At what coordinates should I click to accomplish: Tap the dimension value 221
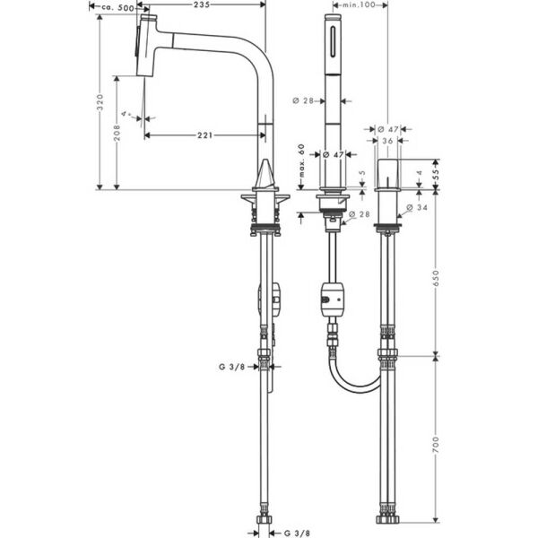point(206,135)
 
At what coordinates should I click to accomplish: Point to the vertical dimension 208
point(117,132)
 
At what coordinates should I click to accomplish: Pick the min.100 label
point(358,5)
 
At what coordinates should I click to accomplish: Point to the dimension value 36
point(386,141)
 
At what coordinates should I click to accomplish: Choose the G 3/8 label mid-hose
point(231,366)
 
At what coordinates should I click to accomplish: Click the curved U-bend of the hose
point(354,381)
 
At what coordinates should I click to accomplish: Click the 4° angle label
point(127,115)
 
